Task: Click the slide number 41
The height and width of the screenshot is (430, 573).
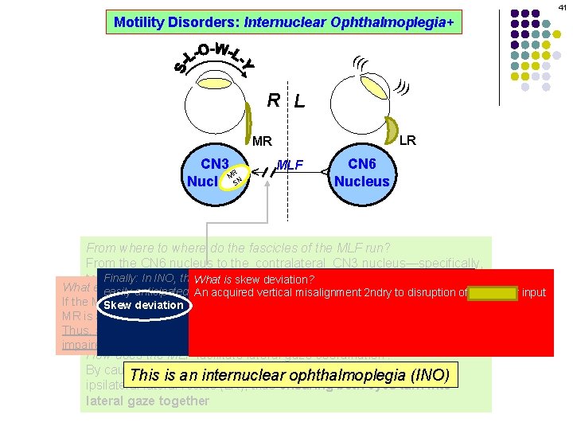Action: (x=561, y=7)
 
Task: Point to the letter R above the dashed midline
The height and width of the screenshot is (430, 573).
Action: (x=273, y=100)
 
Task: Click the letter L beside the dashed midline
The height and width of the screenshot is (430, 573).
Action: (x=298, y=102)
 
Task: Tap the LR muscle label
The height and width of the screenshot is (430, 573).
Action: (x=407, y=140)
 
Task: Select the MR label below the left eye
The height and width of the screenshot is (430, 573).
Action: (x=262, y=142)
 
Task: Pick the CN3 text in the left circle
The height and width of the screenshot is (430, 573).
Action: (x=214, y=165)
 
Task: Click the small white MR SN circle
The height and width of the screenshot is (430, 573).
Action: (x=233, y=178)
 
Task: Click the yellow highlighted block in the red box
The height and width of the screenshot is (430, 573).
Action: (x=493, y=292)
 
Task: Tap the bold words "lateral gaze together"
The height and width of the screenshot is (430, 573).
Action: (x=147, y=401)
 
